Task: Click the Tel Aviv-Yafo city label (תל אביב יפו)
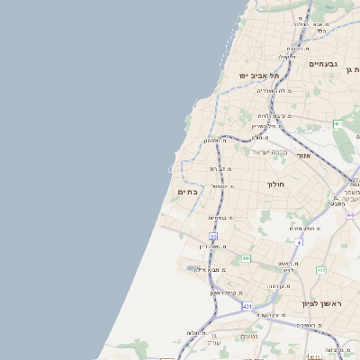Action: tap(255, 76)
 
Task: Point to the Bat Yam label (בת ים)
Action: tap(188, 192)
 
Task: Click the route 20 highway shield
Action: tap(213, 236)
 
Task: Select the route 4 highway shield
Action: tap(300, 241)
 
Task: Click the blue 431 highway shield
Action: tap(247, 306)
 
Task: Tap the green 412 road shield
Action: tap(321, 269)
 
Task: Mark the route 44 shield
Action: tap(349, 214)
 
